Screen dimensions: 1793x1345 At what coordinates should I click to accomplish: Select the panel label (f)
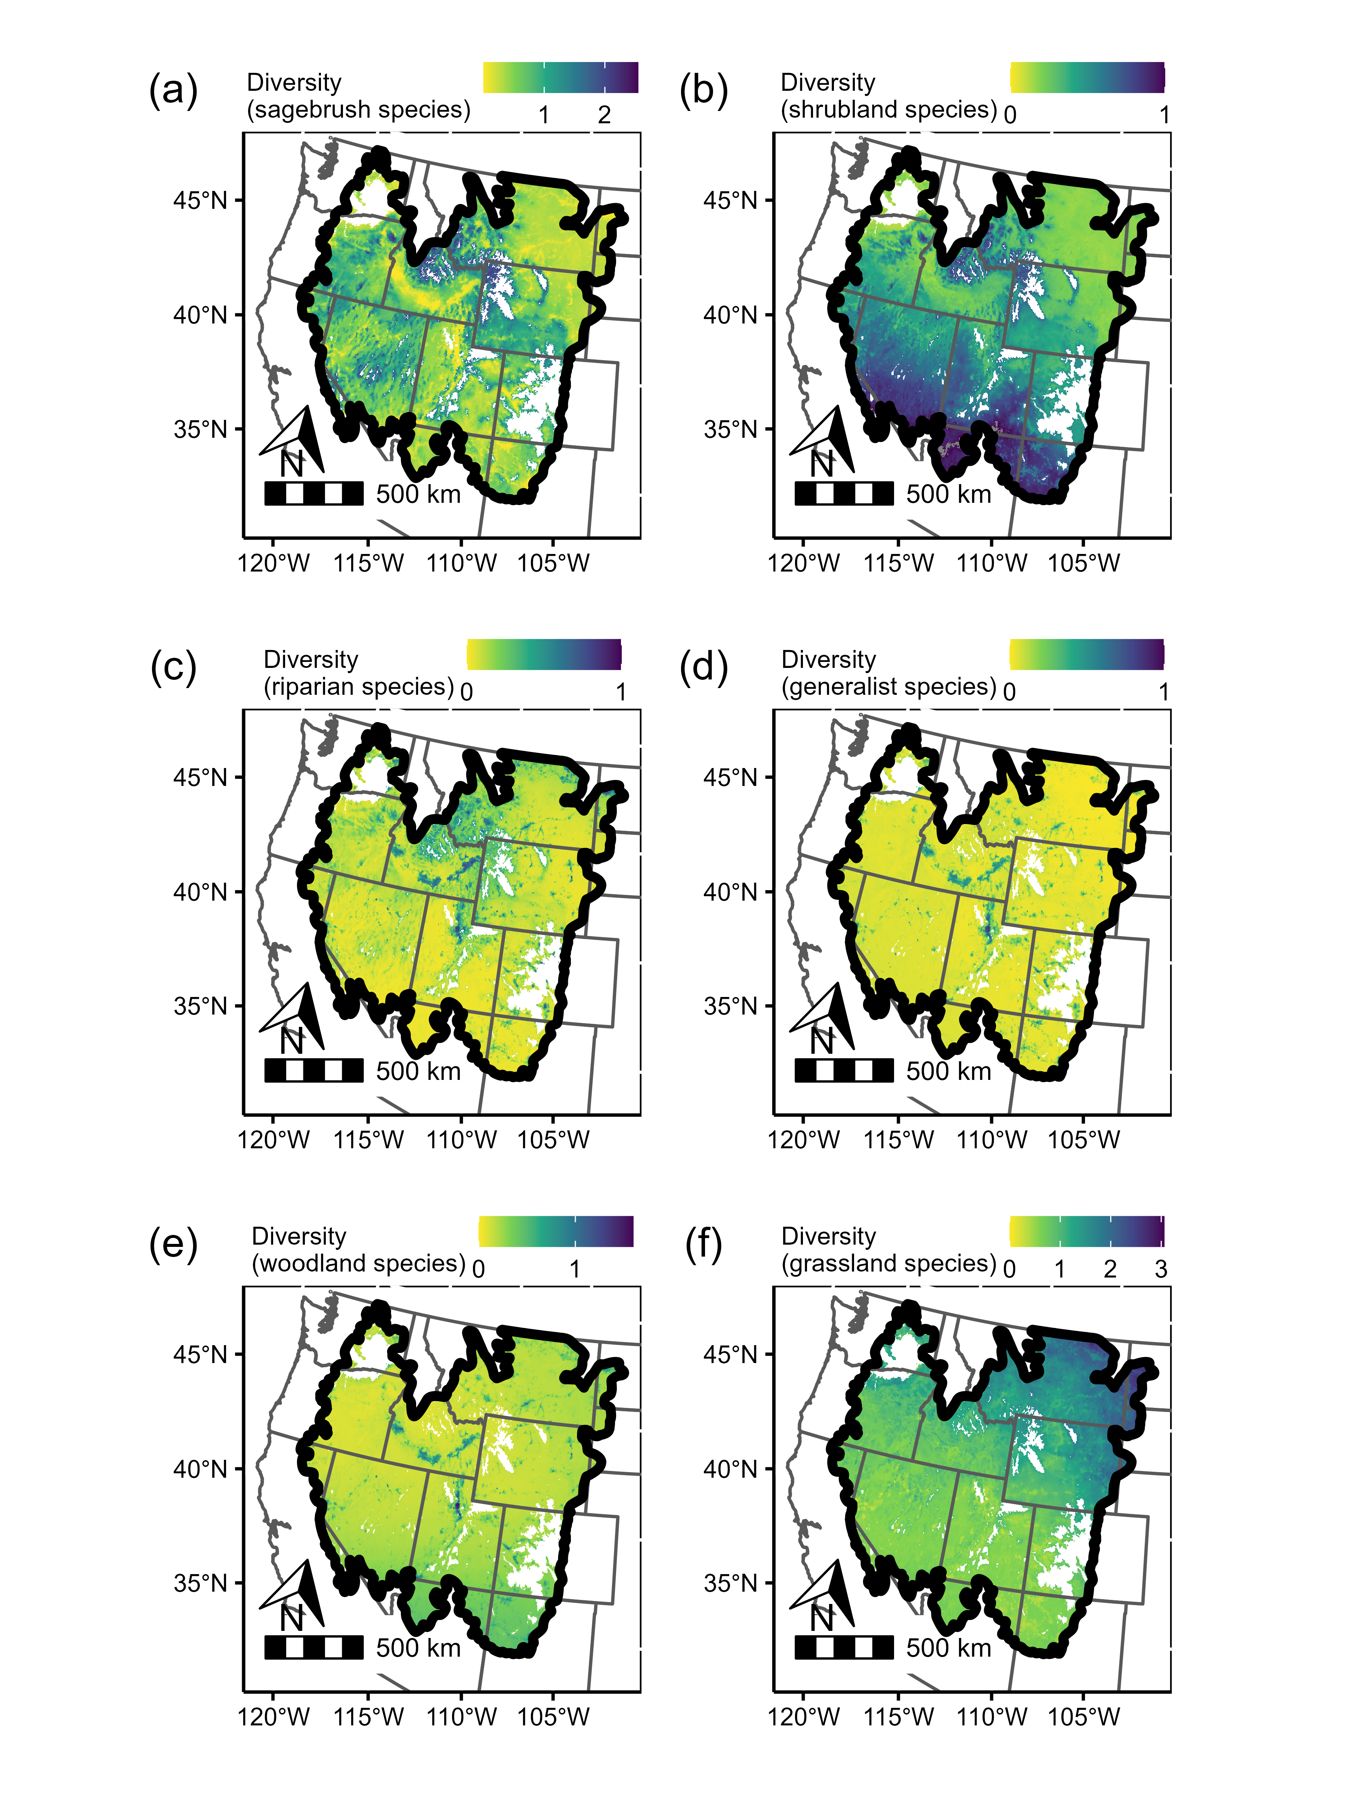tap(703, 1244)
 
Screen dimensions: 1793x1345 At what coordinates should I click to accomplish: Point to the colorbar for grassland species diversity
tap(1086, 1231)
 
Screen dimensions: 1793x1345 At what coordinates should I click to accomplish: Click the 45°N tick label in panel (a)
tap(200, 200)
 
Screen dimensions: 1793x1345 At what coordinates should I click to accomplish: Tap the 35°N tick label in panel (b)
tap(730, 429)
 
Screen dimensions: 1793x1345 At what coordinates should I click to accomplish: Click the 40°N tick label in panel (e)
tap(200, 1469)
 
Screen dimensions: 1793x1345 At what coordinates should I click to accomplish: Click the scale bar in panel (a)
tap(314, 493)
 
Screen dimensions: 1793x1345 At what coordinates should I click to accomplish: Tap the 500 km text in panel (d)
tap(949, 1071)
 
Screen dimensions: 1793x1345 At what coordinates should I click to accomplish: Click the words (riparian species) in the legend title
tap(358, 687)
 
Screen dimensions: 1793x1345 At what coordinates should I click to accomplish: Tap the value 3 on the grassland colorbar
tap(1160, 1269)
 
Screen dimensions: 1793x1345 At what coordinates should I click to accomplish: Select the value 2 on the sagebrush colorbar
tap(604, 115)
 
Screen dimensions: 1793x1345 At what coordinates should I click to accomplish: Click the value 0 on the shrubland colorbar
tap(1009, 115)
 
